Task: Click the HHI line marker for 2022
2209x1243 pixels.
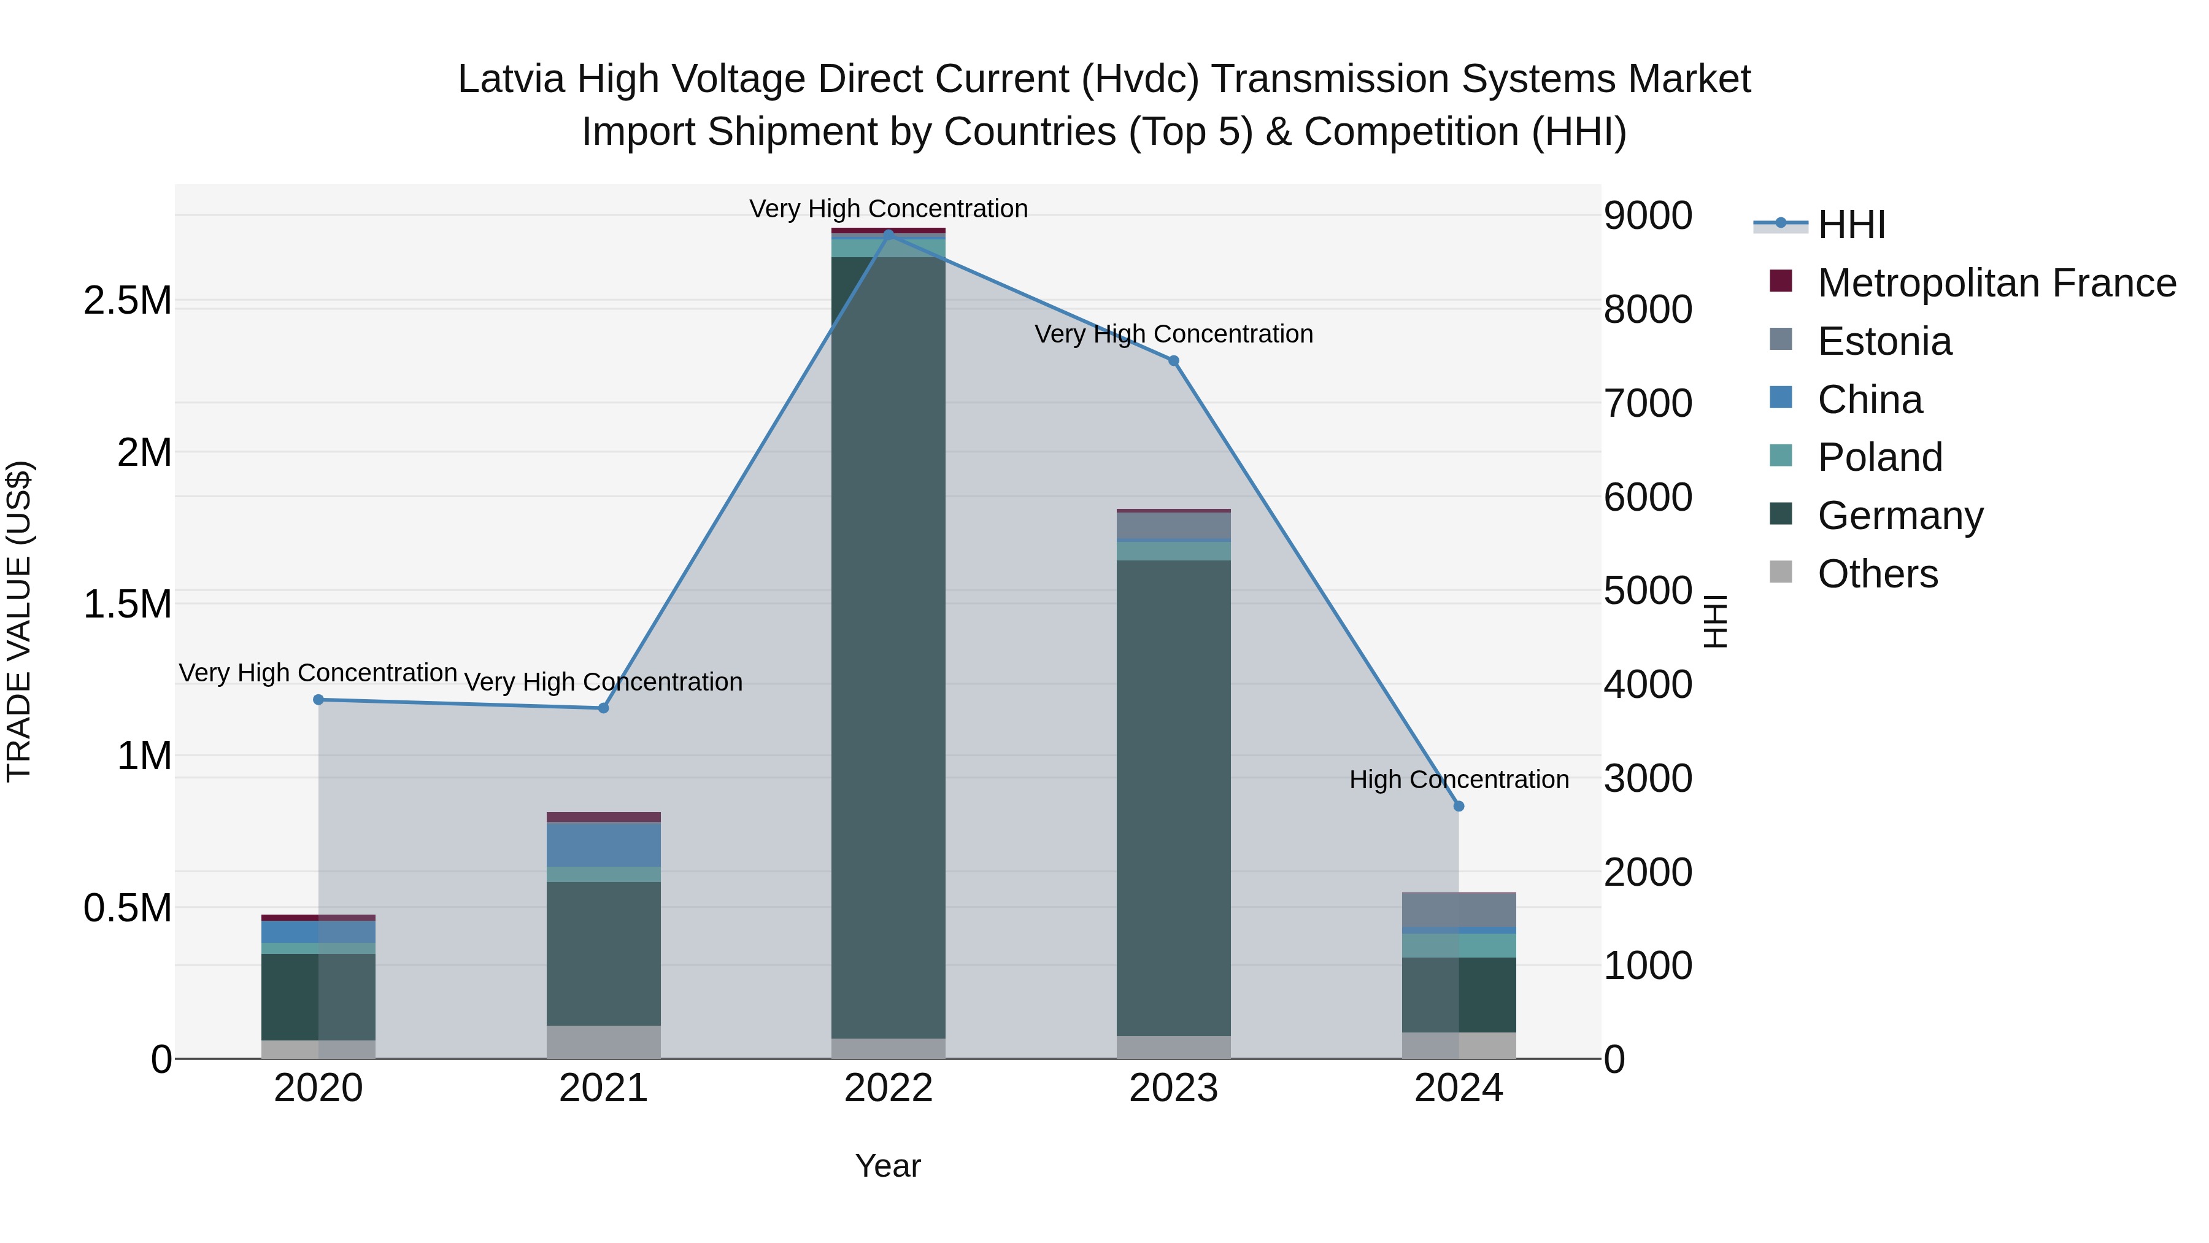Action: click(889, 233)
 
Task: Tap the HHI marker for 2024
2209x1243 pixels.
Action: click(1459, 807)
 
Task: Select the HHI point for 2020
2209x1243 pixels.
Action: click(318, 700)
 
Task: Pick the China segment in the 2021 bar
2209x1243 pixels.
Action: click(604, 845)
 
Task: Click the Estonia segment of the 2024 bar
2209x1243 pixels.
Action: click(1459, 910)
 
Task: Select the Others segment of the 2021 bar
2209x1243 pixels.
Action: click(604, 1042)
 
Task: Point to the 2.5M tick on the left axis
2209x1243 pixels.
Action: click(127, 301)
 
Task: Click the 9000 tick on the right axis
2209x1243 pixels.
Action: click(1648, 215)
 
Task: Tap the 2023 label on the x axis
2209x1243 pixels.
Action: click(1173, 1088)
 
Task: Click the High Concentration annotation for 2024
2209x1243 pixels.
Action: click(1459, 780)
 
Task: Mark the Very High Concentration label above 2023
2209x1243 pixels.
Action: click(1173, 334)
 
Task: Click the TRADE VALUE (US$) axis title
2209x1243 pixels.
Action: click(19, 621)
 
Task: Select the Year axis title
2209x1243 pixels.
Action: click(887, 1166)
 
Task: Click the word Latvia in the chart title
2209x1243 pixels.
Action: click(511, 79)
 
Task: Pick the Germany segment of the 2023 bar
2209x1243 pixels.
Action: click(1173, 798)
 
